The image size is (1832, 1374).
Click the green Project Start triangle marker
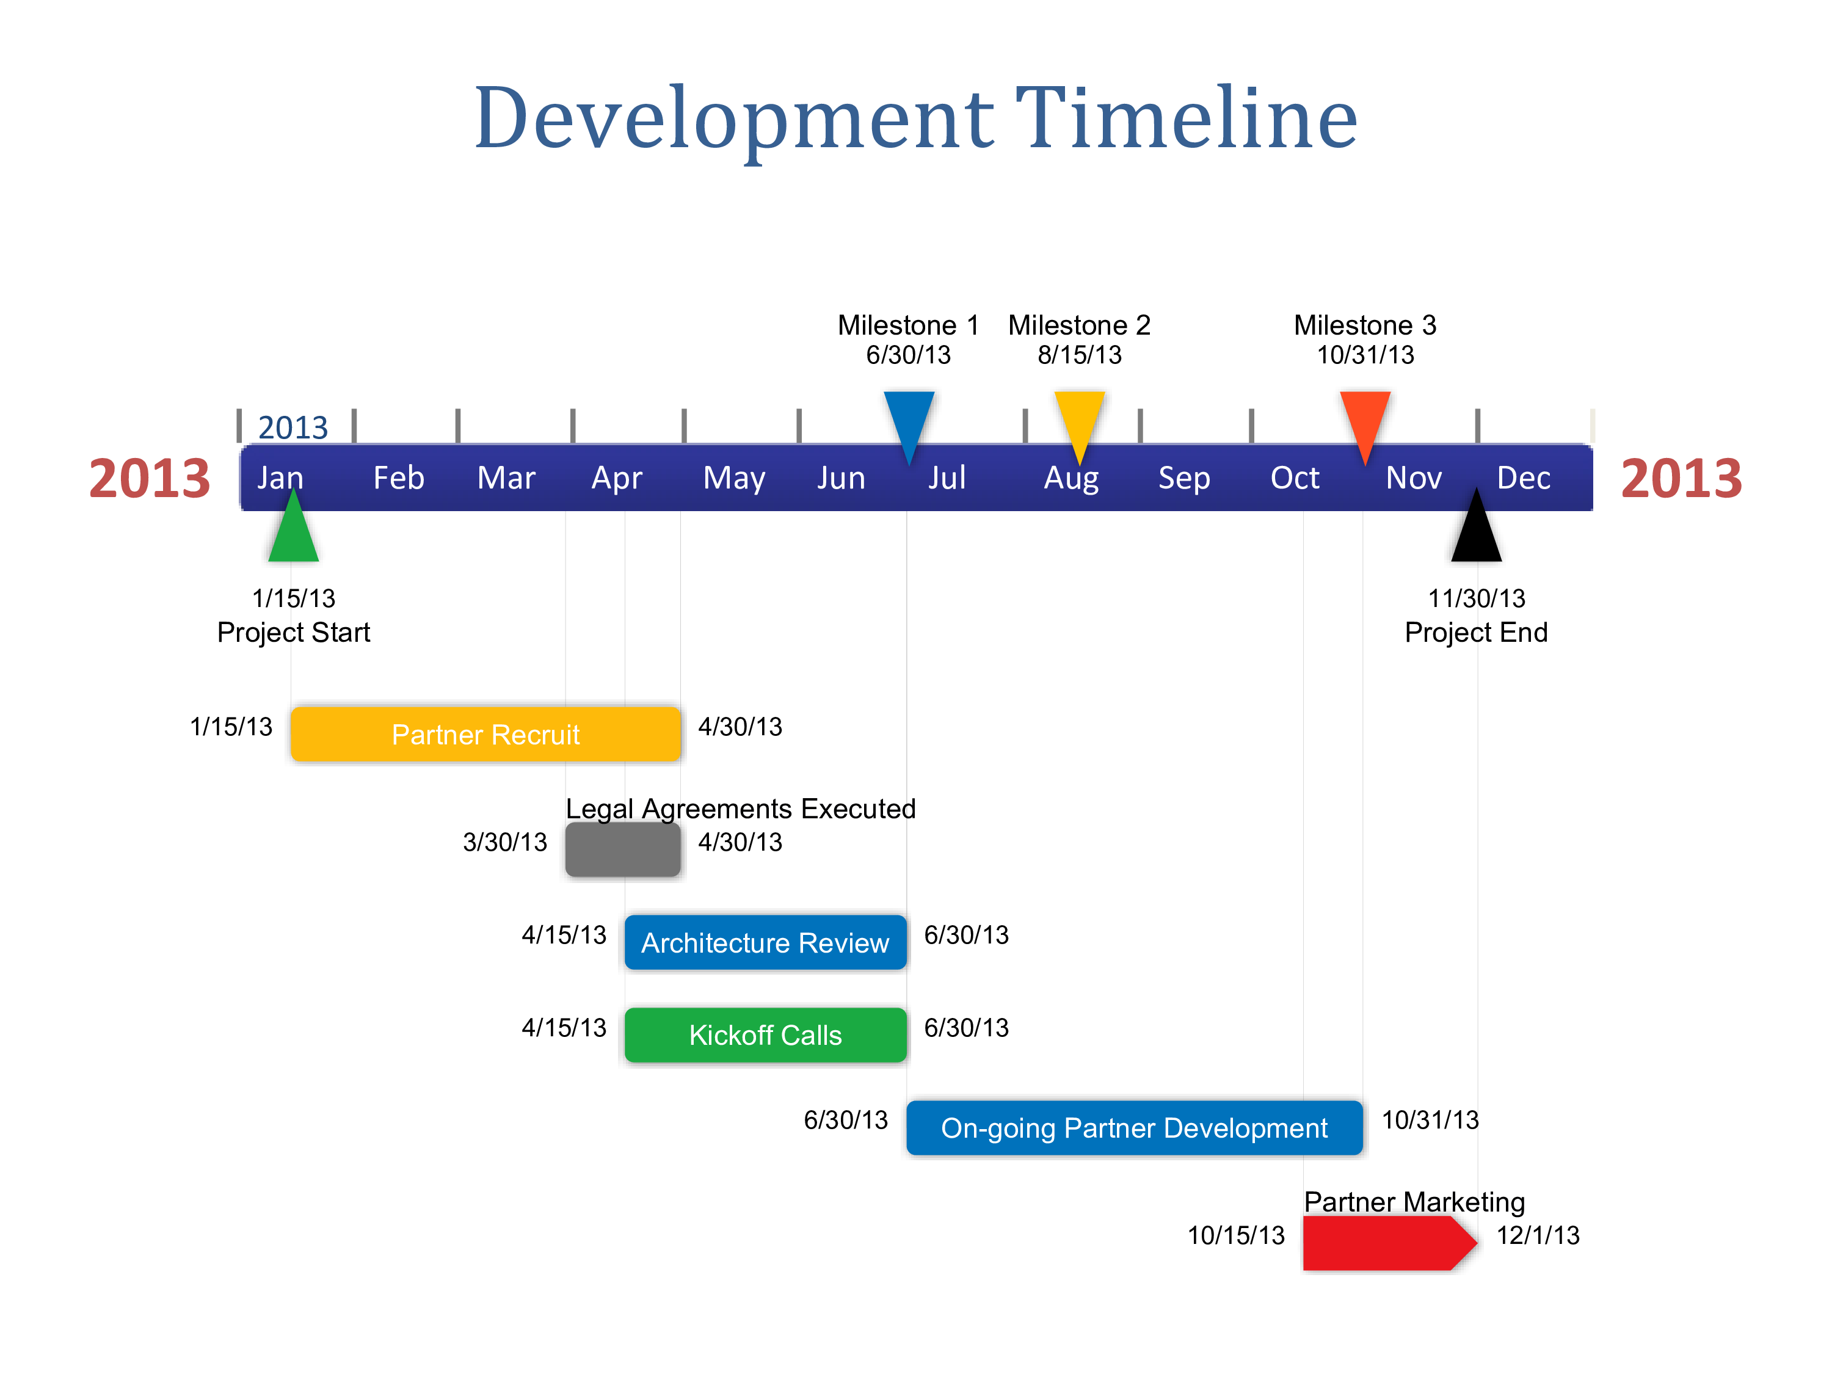(x=293, y=530)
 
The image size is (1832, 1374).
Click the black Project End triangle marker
(x=1477, y=530)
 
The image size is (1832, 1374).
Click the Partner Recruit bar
(x=486, y=734)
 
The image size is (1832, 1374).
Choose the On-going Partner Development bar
(x=1135, y=1128)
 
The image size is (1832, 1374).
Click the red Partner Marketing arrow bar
(x=1390, y=1242)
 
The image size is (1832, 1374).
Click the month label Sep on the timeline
(x=1184, y=479)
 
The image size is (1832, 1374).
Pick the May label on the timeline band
(x=734, y=479)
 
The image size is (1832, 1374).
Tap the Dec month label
(x=1524, y=478)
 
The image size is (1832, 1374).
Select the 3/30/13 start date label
(x=505, y=842)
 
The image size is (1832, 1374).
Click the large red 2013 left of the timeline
(x=150, y=479)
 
